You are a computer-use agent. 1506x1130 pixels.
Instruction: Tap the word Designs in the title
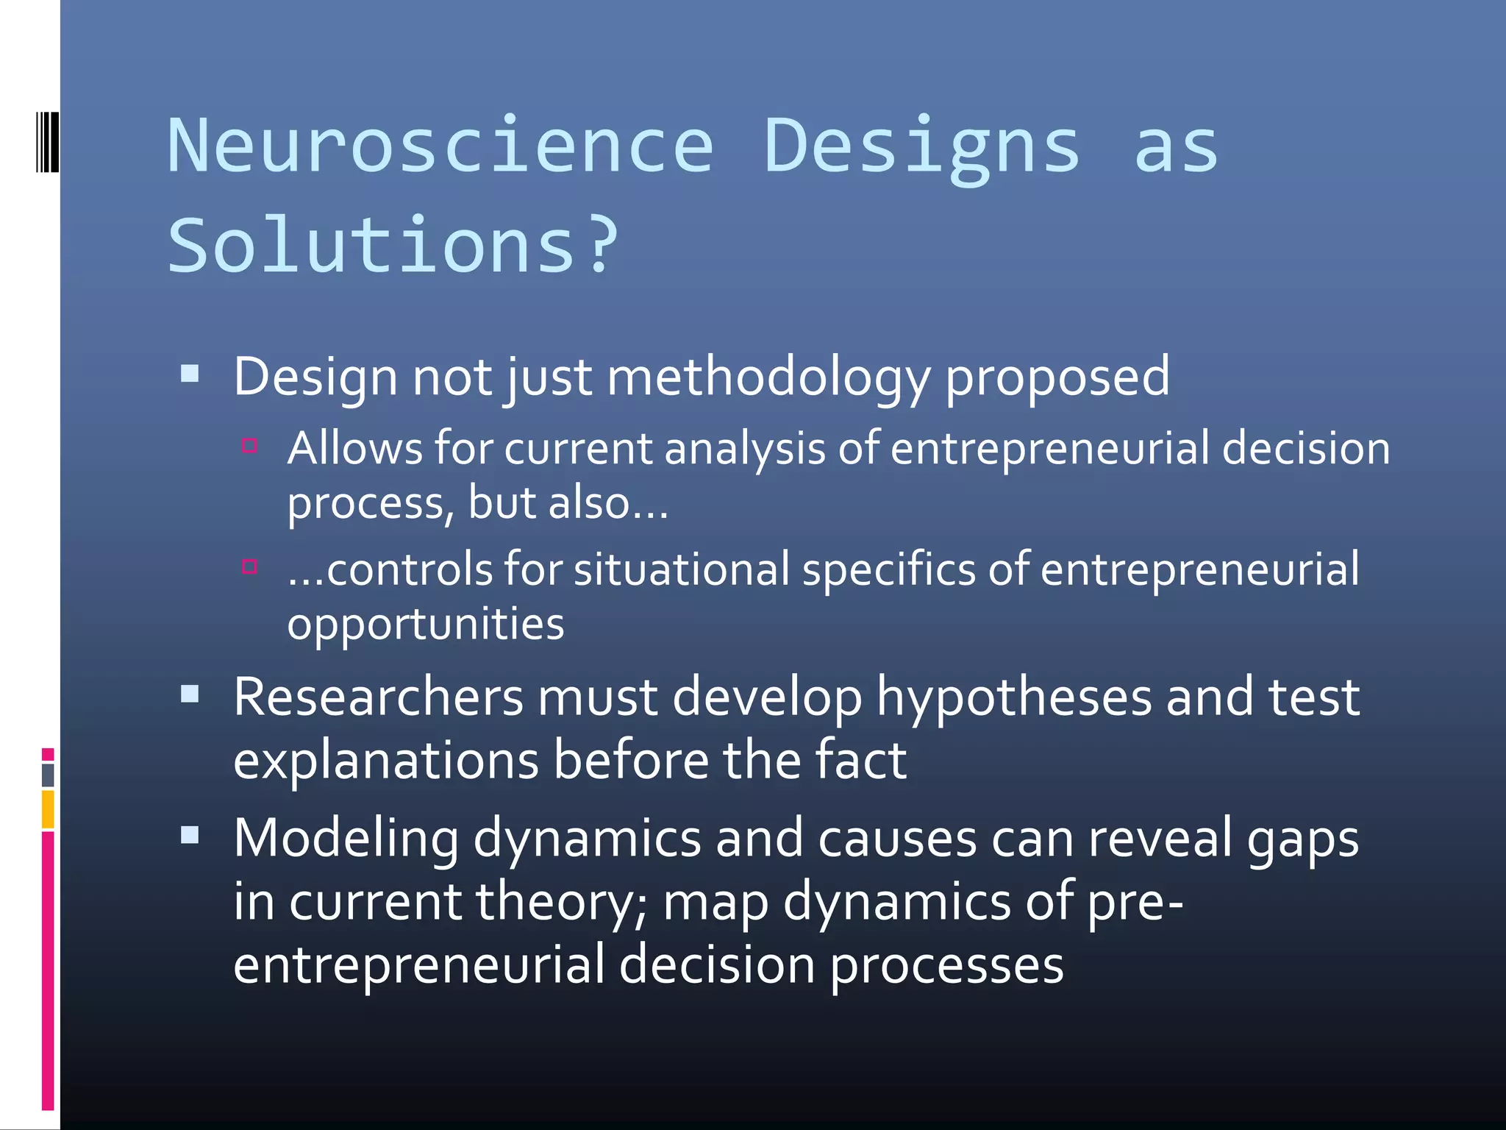[922, 147]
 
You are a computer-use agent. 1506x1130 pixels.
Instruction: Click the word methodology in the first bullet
[768, 378]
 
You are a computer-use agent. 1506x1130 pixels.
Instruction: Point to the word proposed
[1057, 378]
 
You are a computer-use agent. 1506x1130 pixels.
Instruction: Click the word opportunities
[425, 625]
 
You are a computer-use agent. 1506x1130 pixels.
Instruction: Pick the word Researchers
[379, 697]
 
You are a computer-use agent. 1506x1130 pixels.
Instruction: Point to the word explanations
[386, 761]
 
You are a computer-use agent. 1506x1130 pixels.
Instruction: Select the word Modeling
[346, 839]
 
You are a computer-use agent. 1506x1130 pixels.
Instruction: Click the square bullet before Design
[190, 374]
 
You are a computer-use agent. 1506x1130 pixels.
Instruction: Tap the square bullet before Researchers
[190, 694]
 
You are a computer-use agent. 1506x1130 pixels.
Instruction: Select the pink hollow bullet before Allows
[249, 445]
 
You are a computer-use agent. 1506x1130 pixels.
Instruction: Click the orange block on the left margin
[48, 809]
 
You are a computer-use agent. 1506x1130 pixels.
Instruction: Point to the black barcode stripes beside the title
[47, 141]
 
